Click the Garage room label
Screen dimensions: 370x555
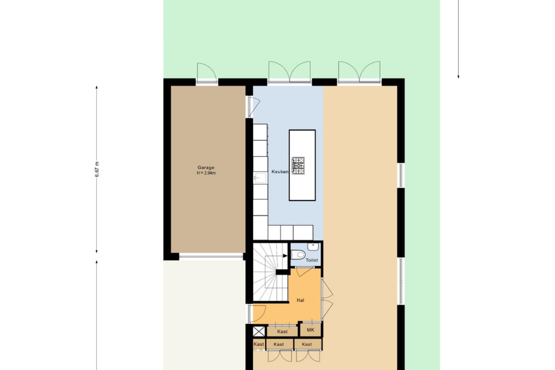tap(206, 167)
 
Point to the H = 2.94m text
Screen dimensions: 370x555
tap(206, 173)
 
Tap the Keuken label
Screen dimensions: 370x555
tap(279, 172)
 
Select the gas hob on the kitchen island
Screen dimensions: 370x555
tap(298, 165)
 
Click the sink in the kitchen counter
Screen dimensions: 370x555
tap(260, 177)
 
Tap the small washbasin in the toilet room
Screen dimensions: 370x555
tap(313, 247)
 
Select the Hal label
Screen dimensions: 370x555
tap(300, 300)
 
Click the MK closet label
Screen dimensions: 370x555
tap(311, 329)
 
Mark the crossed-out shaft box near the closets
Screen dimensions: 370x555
tap(258, 331)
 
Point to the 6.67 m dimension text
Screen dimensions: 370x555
tap(97, 169)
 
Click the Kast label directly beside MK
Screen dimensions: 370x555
tap(282, 332)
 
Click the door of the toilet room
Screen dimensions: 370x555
tap(303, 272)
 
